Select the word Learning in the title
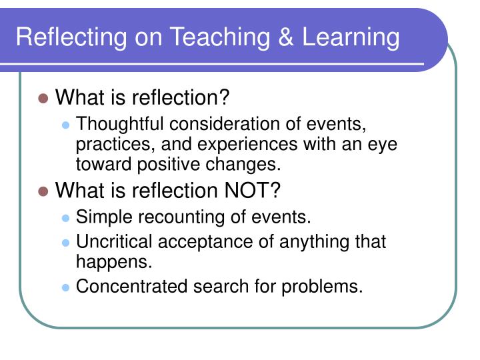351,37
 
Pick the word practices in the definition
107,145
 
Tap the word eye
383,145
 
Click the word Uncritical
114,241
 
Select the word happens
114,261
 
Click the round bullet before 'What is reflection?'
44,99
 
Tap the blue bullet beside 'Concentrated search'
65,287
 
